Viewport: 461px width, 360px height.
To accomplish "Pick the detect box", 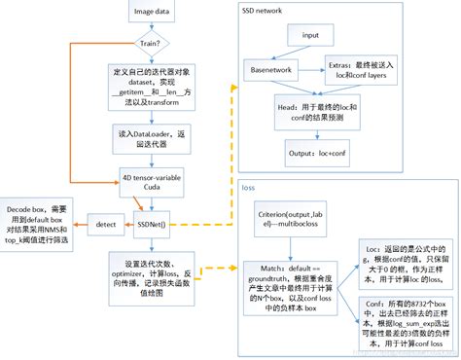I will pos(105,224).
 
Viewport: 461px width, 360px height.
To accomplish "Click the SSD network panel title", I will pos(263,10).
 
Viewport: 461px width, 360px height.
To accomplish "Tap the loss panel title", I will pos(249,187).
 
